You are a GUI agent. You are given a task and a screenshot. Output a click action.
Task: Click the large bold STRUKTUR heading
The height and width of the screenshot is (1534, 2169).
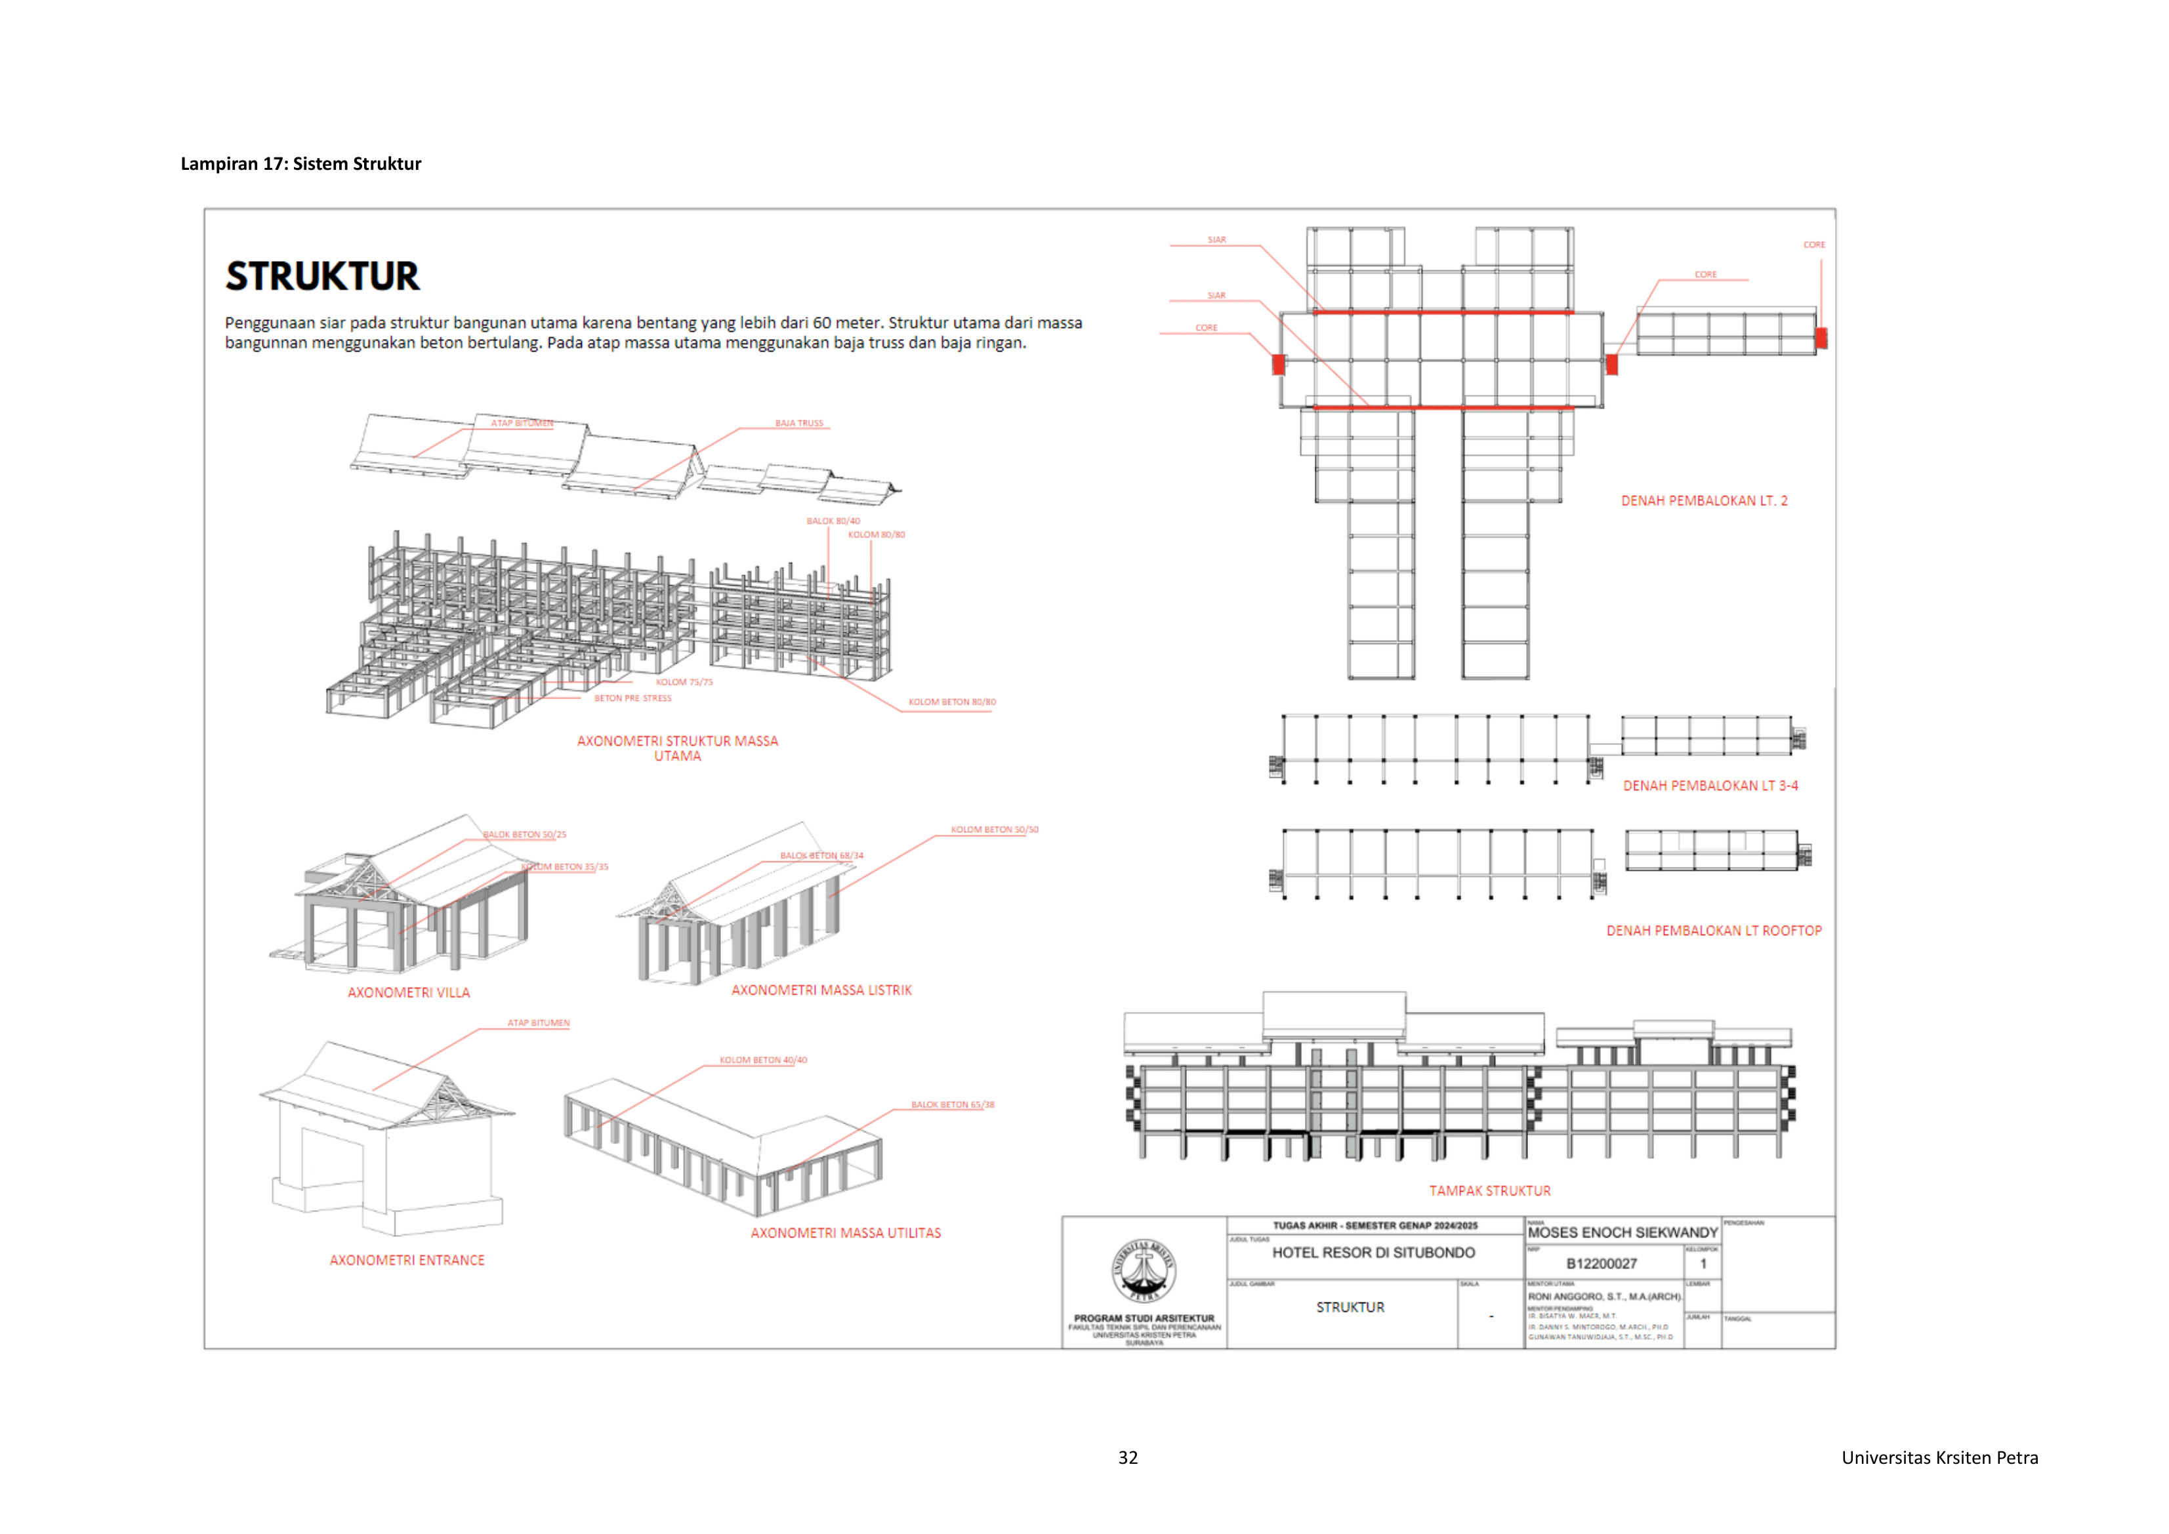point(322,276)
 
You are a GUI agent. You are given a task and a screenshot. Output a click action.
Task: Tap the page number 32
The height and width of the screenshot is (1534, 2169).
point(1128,1457)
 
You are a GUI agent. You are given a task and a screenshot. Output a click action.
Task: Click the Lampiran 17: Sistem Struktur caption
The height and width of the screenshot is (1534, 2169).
point(300,163)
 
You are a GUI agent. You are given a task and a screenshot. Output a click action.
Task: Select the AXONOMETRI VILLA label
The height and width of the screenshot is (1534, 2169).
point(408,993)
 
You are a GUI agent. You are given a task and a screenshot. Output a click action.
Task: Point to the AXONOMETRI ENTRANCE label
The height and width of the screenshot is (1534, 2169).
point(406,1260)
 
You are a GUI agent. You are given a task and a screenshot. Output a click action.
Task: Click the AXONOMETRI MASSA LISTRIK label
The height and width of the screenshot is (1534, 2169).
point(821,990)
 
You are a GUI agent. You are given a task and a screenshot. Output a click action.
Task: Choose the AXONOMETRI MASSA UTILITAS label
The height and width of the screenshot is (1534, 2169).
point(846,1233)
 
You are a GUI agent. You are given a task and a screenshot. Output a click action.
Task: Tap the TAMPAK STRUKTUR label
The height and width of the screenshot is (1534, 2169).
point(1489,1191)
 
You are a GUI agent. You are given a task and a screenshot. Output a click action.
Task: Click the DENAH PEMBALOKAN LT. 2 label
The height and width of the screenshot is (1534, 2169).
point(1704,500)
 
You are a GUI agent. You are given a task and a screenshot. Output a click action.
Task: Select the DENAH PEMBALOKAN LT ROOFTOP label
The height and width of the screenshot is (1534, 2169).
point(1714,931)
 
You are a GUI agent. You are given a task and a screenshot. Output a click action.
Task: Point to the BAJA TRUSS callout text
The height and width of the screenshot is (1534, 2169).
point(799,423)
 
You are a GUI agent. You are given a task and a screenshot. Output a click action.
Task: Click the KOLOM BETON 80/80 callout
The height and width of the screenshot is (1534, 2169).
point(951,702)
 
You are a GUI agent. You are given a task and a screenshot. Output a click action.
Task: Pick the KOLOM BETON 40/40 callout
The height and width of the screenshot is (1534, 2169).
point(763,1060)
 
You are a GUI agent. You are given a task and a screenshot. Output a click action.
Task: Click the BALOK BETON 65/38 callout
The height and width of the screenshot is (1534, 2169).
point(952,1104)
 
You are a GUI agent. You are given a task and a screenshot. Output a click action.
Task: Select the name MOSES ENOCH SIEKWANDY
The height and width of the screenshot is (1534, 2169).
point(1622,1233)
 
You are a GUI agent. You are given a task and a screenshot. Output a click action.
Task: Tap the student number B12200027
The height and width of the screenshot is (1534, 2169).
point(1601,1264)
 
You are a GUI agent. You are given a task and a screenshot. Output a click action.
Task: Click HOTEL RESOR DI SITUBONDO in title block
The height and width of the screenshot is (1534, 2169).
point(1373,1253)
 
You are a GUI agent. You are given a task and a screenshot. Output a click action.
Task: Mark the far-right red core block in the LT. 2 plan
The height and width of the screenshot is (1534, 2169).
point(1821,337)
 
